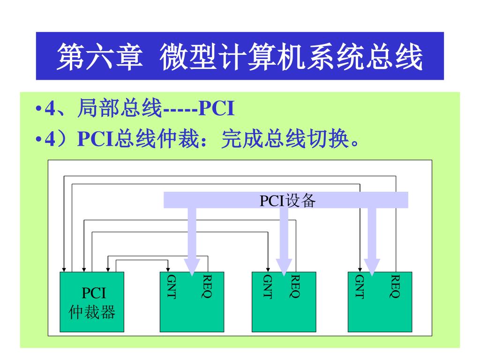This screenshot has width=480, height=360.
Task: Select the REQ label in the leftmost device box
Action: point(207,286)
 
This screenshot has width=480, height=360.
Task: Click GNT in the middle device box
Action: point(267,286)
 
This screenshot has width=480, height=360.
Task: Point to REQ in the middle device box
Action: point(295,286)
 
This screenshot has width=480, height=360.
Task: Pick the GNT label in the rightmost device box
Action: point(360,286)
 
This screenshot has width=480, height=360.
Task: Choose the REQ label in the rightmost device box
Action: point(396,286)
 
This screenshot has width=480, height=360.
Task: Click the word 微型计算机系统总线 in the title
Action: point(291,57)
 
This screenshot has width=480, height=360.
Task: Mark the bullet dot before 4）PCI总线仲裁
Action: point(39,140)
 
